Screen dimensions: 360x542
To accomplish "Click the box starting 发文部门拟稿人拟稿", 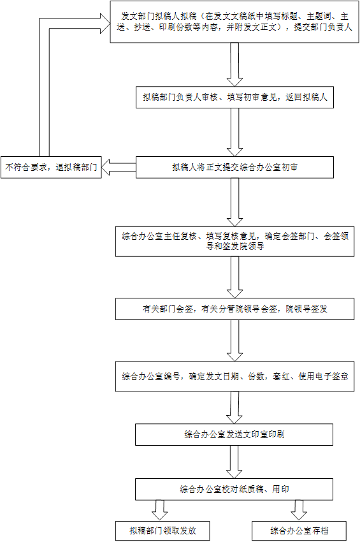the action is pyautogui.click(x=234, y=22).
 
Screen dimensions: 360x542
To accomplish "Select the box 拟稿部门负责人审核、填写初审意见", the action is pyautogui.click(x=234, y=98).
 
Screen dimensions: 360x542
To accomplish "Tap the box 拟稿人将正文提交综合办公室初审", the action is pyautogui.click(x=234, y=168).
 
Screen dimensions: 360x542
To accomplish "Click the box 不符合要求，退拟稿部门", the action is pyautogui.click(x=51, y=168).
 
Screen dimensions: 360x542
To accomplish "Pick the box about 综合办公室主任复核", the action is pyautogui.click(x=234, y=241).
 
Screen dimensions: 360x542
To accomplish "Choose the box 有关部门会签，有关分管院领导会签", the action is pyautogui.click(x=234, y=309).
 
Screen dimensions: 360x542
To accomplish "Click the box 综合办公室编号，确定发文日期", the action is pyautogui.click(x=234, y=376).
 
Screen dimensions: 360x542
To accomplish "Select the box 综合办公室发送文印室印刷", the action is pyautogui.click(x=234, y=434).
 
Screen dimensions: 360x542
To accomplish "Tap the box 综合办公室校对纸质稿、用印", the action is pyautogui.click(x=234, y=490).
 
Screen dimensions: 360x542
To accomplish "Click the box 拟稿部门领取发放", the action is pyautogui.click(x=162, y=531).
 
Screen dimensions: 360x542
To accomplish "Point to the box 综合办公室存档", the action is pyautogui.click(x=299, y=531).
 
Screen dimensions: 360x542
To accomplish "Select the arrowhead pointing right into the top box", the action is pyautogui.click(x=105, y=24).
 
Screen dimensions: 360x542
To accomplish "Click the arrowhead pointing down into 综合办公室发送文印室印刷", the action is pyautogui.click(x=234, y=419).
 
